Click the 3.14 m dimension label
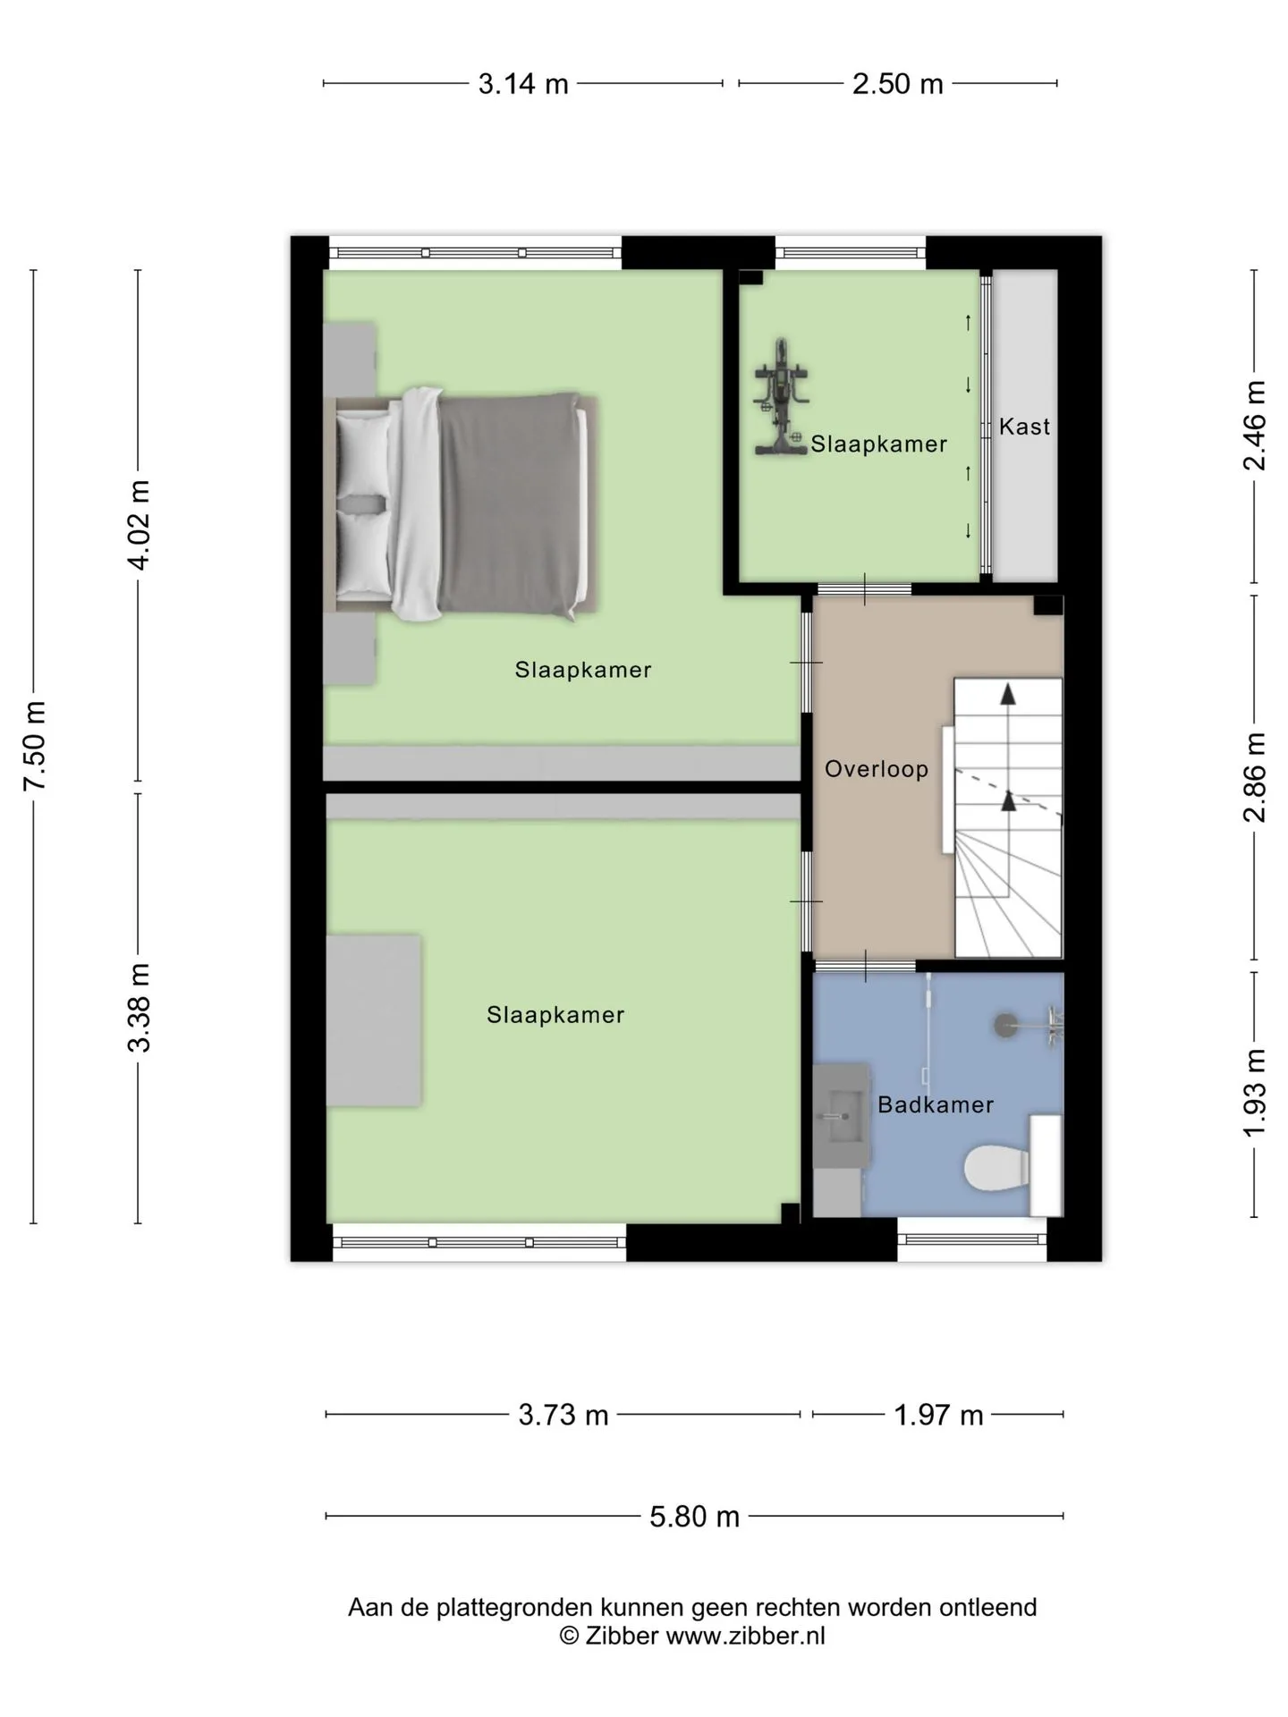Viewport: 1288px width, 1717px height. point(523,84)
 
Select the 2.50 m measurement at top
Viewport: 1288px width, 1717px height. point(897,84)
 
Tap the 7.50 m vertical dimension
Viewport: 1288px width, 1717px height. point(35,746)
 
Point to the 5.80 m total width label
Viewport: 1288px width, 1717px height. point(695,1517)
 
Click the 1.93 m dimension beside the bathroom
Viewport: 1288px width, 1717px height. point(1255,1093)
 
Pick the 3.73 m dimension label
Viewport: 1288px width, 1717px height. point(563,1416)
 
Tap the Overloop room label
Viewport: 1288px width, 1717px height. point(877,769)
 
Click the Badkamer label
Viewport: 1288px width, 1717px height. point(936,1104)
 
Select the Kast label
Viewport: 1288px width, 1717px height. point(1024,427)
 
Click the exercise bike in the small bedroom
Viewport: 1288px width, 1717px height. point(782,396)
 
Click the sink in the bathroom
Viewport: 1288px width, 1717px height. point(841,1116)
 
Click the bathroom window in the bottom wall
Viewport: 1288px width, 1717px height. point(972,1239)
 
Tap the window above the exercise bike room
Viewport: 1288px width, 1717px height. point(850,252)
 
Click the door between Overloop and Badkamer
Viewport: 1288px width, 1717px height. point(864,966)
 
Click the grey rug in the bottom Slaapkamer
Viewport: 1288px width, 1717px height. point(374,1020)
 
